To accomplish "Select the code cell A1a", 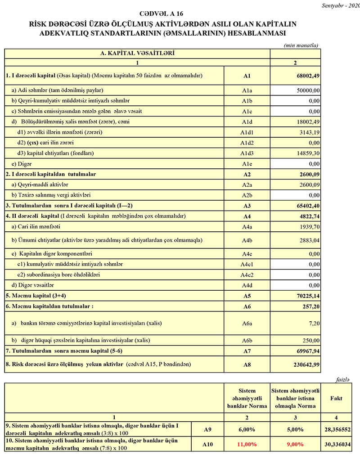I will (x=247, y=90).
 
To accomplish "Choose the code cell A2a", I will (x=247, y=185).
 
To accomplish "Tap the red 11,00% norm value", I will (x=247, y=444).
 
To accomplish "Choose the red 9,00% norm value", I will (x=295, y=444).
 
